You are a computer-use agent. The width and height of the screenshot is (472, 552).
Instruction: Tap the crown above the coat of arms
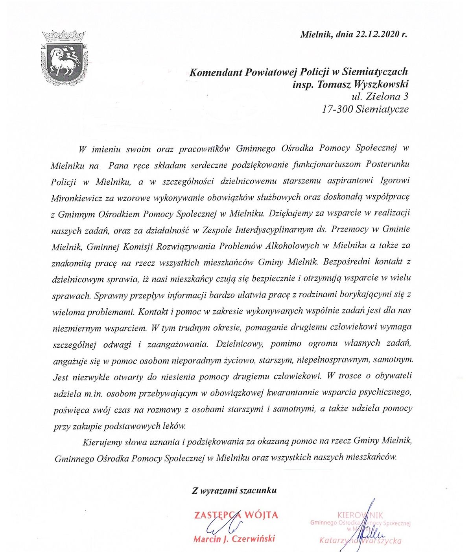click(64, 37)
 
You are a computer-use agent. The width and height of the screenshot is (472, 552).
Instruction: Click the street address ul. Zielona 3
click(380, 97)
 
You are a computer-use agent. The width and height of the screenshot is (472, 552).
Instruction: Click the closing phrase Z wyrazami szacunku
click(234, 491)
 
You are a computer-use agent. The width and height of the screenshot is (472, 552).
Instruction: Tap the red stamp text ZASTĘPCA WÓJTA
click(236, 515)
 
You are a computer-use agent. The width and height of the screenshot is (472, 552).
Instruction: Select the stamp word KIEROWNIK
click(360, 515)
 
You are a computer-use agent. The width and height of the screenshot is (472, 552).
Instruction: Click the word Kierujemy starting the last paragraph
click(102, 442)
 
